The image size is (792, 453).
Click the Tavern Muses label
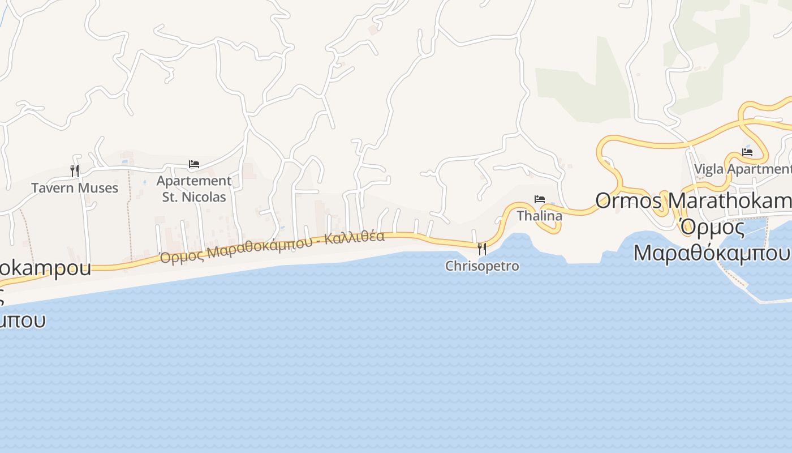(75, 188)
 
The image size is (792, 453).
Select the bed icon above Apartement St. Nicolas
(194, 164)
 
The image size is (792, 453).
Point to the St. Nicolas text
(194, 197)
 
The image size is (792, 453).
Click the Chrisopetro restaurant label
(482, 266)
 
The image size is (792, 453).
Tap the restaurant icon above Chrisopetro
(482, 248)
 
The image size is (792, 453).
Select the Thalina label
(540, 216)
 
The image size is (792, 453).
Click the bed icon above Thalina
(540, 199)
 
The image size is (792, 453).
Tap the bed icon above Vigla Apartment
(747, 152)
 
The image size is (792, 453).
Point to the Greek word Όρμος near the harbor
(712, 226)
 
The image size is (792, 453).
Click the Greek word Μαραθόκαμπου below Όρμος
(711, 253)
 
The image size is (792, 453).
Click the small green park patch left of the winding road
(583, 85)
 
